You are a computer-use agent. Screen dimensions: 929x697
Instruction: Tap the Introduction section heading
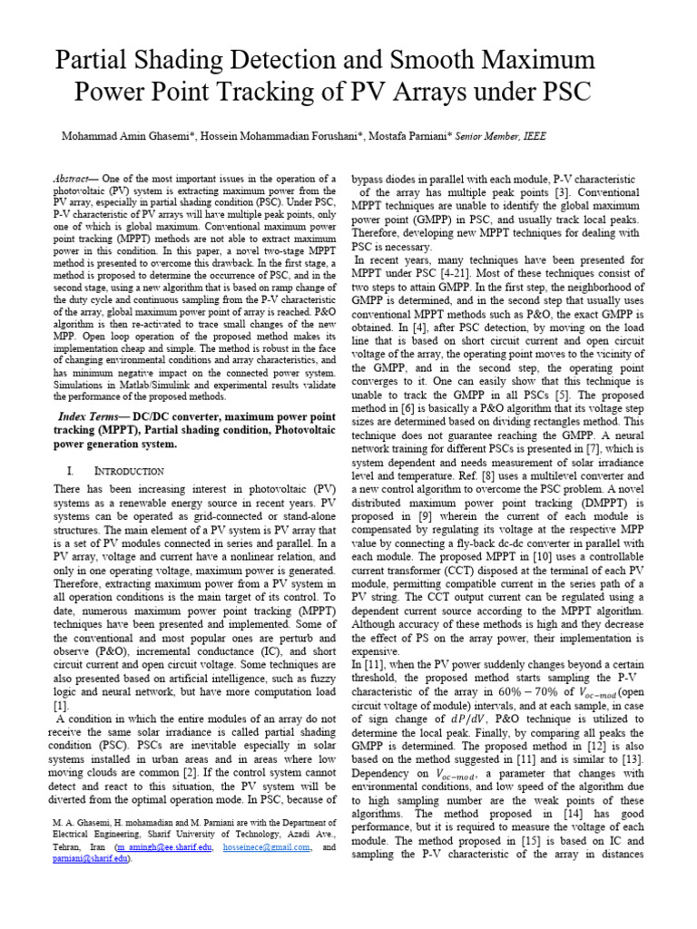point(128,472)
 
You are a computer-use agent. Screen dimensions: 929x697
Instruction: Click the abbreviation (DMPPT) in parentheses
point(602,502)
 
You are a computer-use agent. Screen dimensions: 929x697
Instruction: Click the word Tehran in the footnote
point(63,847)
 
